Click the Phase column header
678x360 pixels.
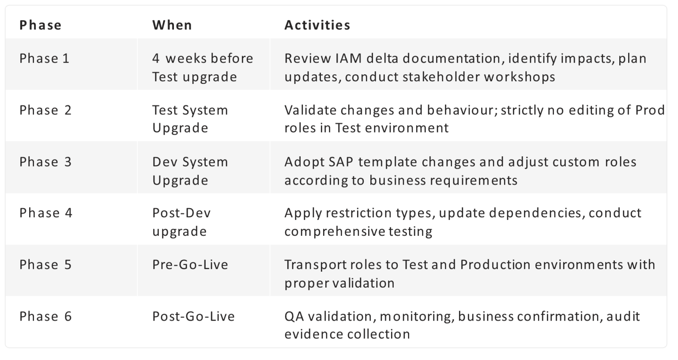(41, 25)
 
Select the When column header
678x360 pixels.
(172, 25)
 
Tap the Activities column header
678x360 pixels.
(317, 25)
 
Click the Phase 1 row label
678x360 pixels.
(45, 58)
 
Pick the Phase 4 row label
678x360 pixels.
(46, 213)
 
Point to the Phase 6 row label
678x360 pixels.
(45, 316)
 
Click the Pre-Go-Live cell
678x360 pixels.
(190, 265)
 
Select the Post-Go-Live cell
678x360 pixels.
(193, 316)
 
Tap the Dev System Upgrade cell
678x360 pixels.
(190, 171)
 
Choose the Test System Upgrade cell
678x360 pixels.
(190, 119)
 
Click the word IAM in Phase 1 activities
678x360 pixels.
(349, 58)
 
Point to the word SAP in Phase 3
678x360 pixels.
(340, 162)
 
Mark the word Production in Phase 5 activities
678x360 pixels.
(496, 265)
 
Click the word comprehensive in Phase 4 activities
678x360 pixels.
(335, 232)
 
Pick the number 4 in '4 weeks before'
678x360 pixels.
(156, 58)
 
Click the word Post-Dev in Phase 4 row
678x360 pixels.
(181, 213)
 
